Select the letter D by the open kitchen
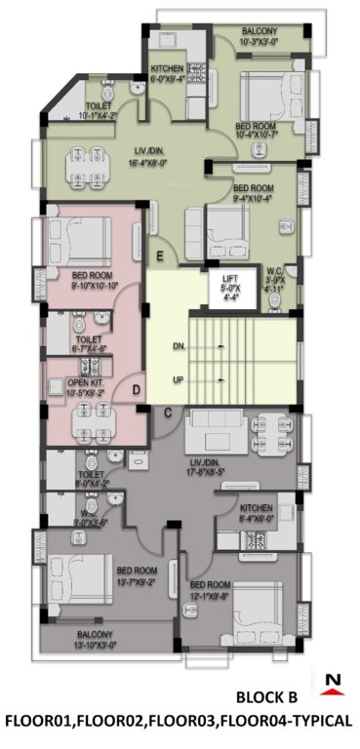pos(136,391)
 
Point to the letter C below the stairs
pos(168,414)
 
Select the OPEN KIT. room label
pos(87,388)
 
